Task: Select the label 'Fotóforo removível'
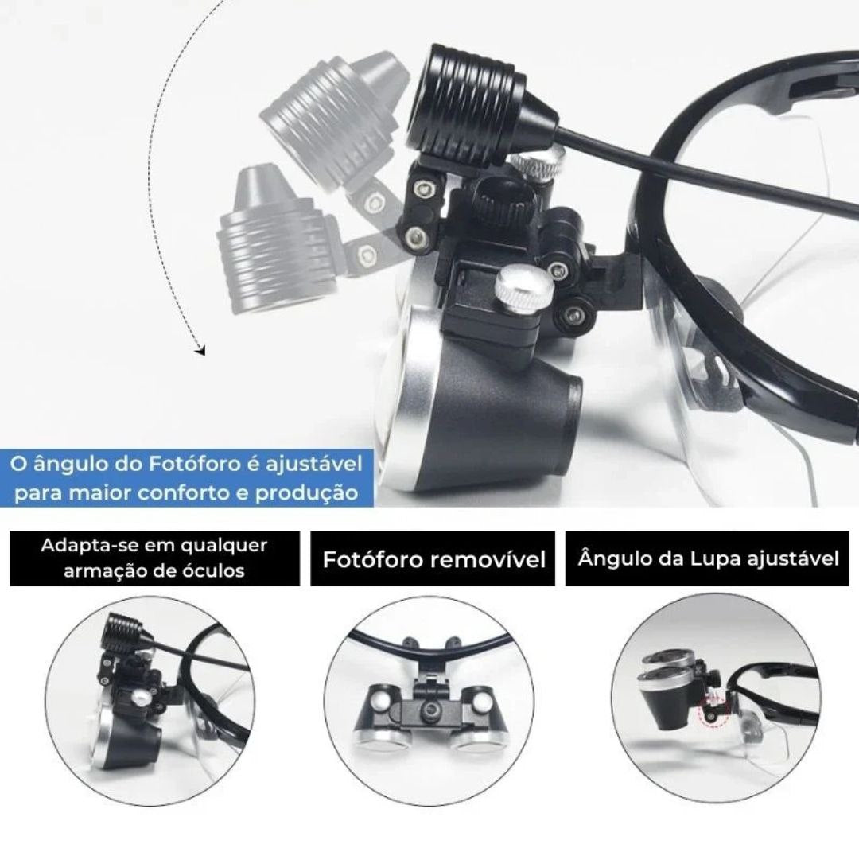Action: point(433,559)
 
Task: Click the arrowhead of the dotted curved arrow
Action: point(200,349)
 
